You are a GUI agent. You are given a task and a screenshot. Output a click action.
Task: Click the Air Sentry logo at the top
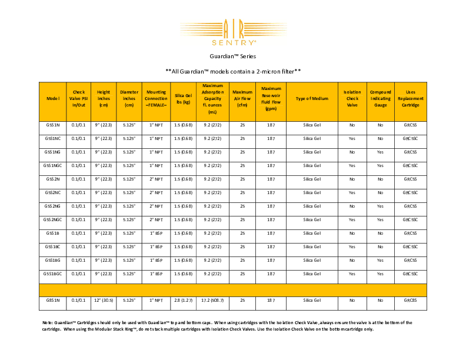tap(232, 33)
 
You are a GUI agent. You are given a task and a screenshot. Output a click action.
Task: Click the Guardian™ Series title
tap(232, 57)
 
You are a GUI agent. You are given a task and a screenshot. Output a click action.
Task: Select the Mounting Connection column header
tap(156, 99)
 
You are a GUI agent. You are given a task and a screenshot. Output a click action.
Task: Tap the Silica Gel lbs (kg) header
tap(183, 99)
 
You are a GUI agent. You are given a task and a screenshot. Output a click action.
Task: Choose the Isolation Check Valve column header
tap(352, 99)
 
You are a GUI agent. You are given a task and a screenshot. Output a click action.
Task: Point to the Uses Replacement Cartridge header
tap(410, 99)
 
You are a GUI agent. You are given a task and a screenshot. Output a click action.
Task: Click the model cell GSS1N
tap(53, 125)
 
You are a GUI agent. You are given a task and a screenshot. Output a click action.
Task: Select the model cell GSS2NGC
tap(53, 219)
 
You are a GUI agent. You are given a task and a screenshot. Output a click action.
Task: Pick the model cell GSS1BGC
tap(53, 274)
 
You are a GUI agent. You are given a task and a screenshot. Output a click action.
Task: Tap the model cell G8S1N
tap(53, 301)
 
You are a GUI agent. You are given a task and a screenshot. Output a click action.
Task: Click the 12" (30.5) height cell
tap(104, 301)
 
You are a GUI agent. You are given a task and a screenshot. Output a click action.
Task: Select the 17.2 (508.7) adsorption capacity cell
tap(212, 301)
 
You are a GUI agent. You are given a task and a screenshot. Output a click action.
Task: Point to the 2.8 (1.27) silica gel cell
tap(183, 301)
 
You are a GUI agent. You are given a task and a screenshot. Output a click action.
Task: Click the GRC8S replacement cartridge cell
tap(410, 301)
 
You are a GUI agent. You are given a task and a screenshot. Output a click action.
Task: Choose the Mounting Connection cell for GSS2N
tap(156, 179)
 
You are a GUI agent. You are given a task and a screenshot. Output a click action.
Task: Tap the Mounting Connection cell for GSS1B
tap(156, 233)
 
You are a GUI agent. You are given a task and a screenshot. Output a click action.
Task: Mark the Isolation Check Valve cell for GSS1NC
tap(352, 139)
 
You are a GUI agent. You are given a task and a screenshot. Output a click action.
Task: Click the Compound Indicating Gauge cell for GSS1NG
tap(380, 152)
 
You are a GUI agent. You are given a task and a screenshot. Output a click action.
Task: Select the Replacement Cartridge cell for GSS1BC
tap(410, 246)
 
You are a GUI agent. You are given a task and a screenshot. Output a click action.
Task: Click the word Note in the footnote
tap(48, 322)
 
